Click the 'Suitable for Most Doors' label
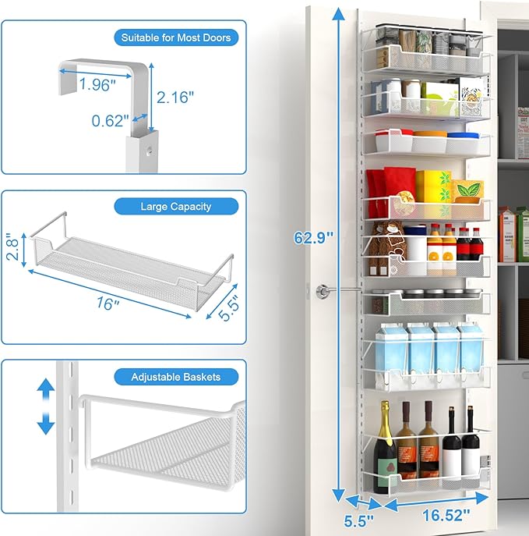(176, 37)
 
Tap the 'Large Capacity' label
(176, 207)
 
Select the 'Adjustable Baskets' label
(176, 377)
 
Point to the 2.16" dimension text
(176, 97)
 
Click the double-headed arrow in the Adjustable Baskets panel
(46, 406)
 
